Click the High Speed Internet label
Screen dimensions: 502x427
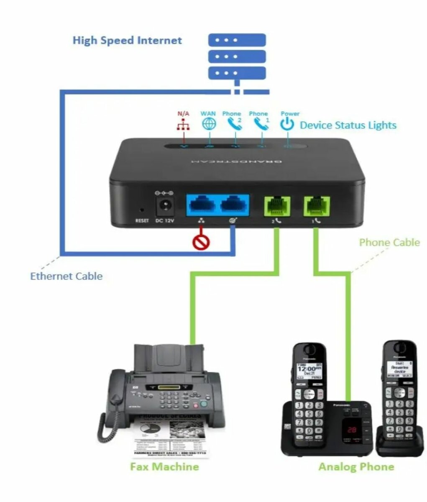click(x=127, y=41)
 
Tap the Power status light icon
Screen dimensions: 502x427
click(x=287, y=124)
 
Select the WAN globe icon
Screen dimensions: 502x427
click(x=209, y=124)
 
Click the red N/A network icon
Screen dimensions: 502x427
click(x=183, y=125)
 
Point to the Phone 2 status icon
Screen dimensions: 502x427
click(x=234, y=124)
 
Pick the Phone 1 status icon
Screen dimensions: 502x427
click(x=261, y=124)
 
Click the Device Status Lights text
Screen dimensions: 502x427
click(x=348, y=125)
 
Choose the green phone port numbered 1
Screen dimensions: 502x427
click(x=317, y=205)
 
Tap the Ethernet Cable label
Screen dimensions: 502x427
click(x=66, y=276)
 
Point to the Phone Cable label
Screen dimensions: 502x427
click(x=389, y=243)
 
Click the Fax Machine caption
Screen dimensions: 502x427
click(x=164, y=466)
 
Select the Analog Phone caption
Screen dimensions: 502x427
click(x=356, y=467)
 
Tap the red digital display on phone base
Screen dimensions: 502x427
click(x=351, y=429)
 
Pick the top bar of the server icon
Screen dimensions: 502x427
click(x=237, y=40)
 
